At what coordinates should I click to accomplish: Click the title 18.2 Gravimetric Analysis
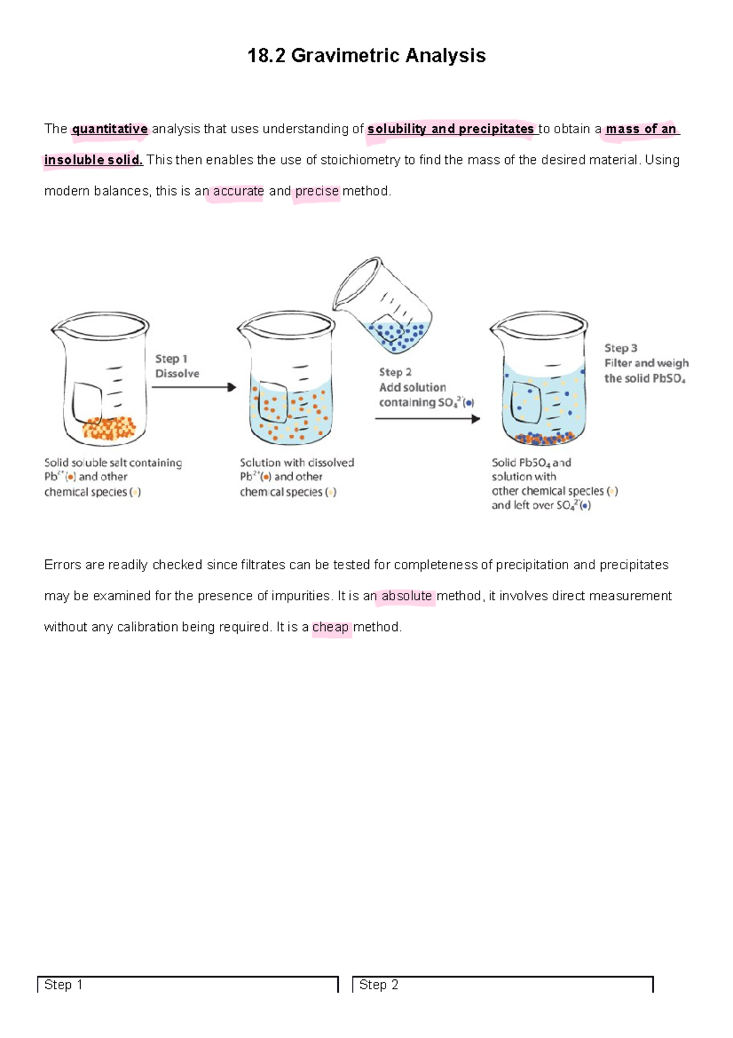[366, 56]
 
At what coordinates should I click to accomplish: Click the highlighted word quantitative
[110, 129]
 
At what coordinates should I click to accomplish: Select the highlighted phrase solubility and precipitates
[450, 129]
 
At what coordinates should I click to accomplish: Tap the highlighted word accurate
[238, 191]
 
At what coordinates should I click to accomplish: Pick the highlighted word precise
[316, 191]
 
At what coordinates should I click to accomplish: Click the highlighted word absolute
[406, 595]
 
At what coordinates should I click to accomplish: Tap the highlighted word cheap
[330, 627]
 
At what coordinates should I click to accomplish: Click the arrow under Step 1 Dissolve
[194, 387]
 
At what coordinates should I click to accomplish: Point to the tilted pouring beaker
[385, 306]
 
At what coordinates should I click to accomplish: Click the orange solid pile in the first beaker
[109, 428]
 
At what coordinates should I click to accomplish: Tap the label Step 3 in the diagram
[621, 348]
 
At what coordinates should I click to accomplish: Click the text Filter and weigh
[646, 363]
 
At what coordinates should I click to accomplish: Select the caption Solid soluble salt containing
[113, 463]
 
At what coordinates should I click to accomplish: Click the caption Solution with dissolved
[297, 463]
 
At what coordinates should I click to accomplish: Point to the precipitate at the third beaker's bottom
[544, 438]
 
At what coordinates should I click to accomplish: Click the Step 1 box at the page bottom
[188, 984]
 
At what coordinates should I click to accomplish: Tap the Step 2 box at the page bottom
[502, 984]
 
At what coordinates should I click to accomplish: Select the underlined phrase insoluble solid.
[93, 160]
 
